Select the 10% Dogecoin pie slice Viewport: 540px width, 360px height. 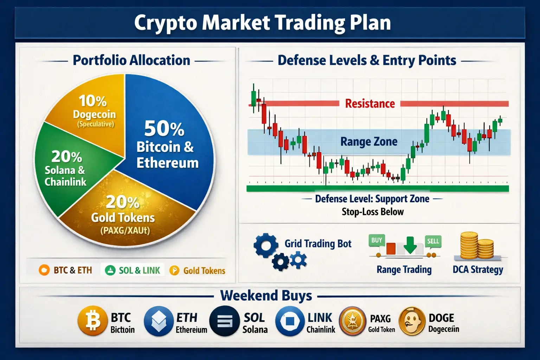[x=94, y=113]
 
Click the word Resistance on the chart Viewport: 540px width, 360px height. [x=370, y=104]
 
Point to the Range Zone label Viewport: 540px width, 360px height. [x=369, y=142]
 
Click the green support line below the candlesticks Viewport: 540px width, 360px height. [x=378, y=188]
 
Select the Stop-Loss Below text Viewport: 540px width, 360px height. [x=373, y=212]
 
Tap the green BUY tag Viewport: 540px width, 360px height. [x=377, y=240]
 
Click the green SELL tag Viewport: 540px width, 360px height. [x=433, y=242]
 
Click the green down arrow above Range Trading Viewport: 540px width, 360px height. [x=410, y=245]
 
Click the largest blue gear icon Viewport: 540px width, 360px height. [x=266, y=245]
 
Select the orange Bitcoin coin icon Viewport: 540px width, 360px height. [x=92, y=321]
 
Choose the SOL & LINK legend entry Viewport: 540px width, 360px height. [x=133, y=270]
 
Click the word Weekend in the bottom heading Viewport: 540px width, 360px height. [x=249, y=296]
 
